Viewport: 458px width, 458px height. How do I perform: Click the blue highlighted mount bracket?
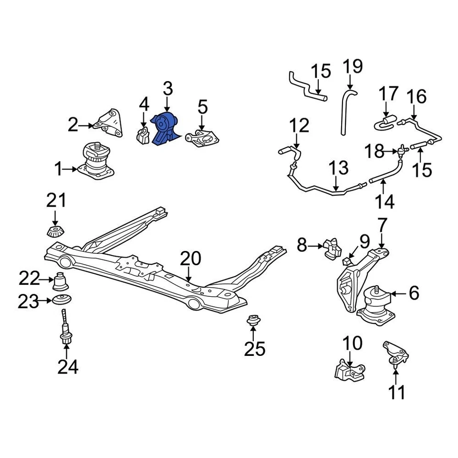point(165,129)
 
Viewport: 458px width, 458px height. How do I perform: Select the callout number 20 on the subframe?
point(190,259)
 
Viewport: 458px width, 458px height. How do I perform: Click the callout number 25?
point(254,349)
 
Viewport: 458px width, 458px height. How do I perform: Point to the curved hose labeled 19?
point(346,110)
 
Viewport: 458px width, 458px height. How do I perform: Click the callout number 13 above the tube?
point(338,169)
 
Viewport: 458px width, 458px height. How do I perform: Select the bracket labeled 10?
point(351,370)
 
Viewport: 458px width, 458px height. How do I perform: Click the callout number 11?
point(396,392)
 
